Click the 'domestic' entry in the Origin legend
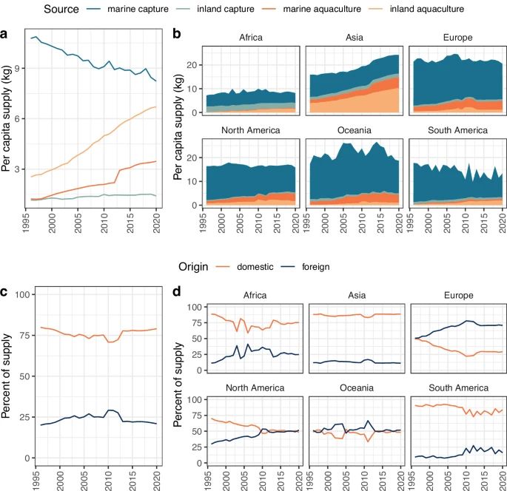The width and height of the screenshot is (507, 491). (x=251, y=266)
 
